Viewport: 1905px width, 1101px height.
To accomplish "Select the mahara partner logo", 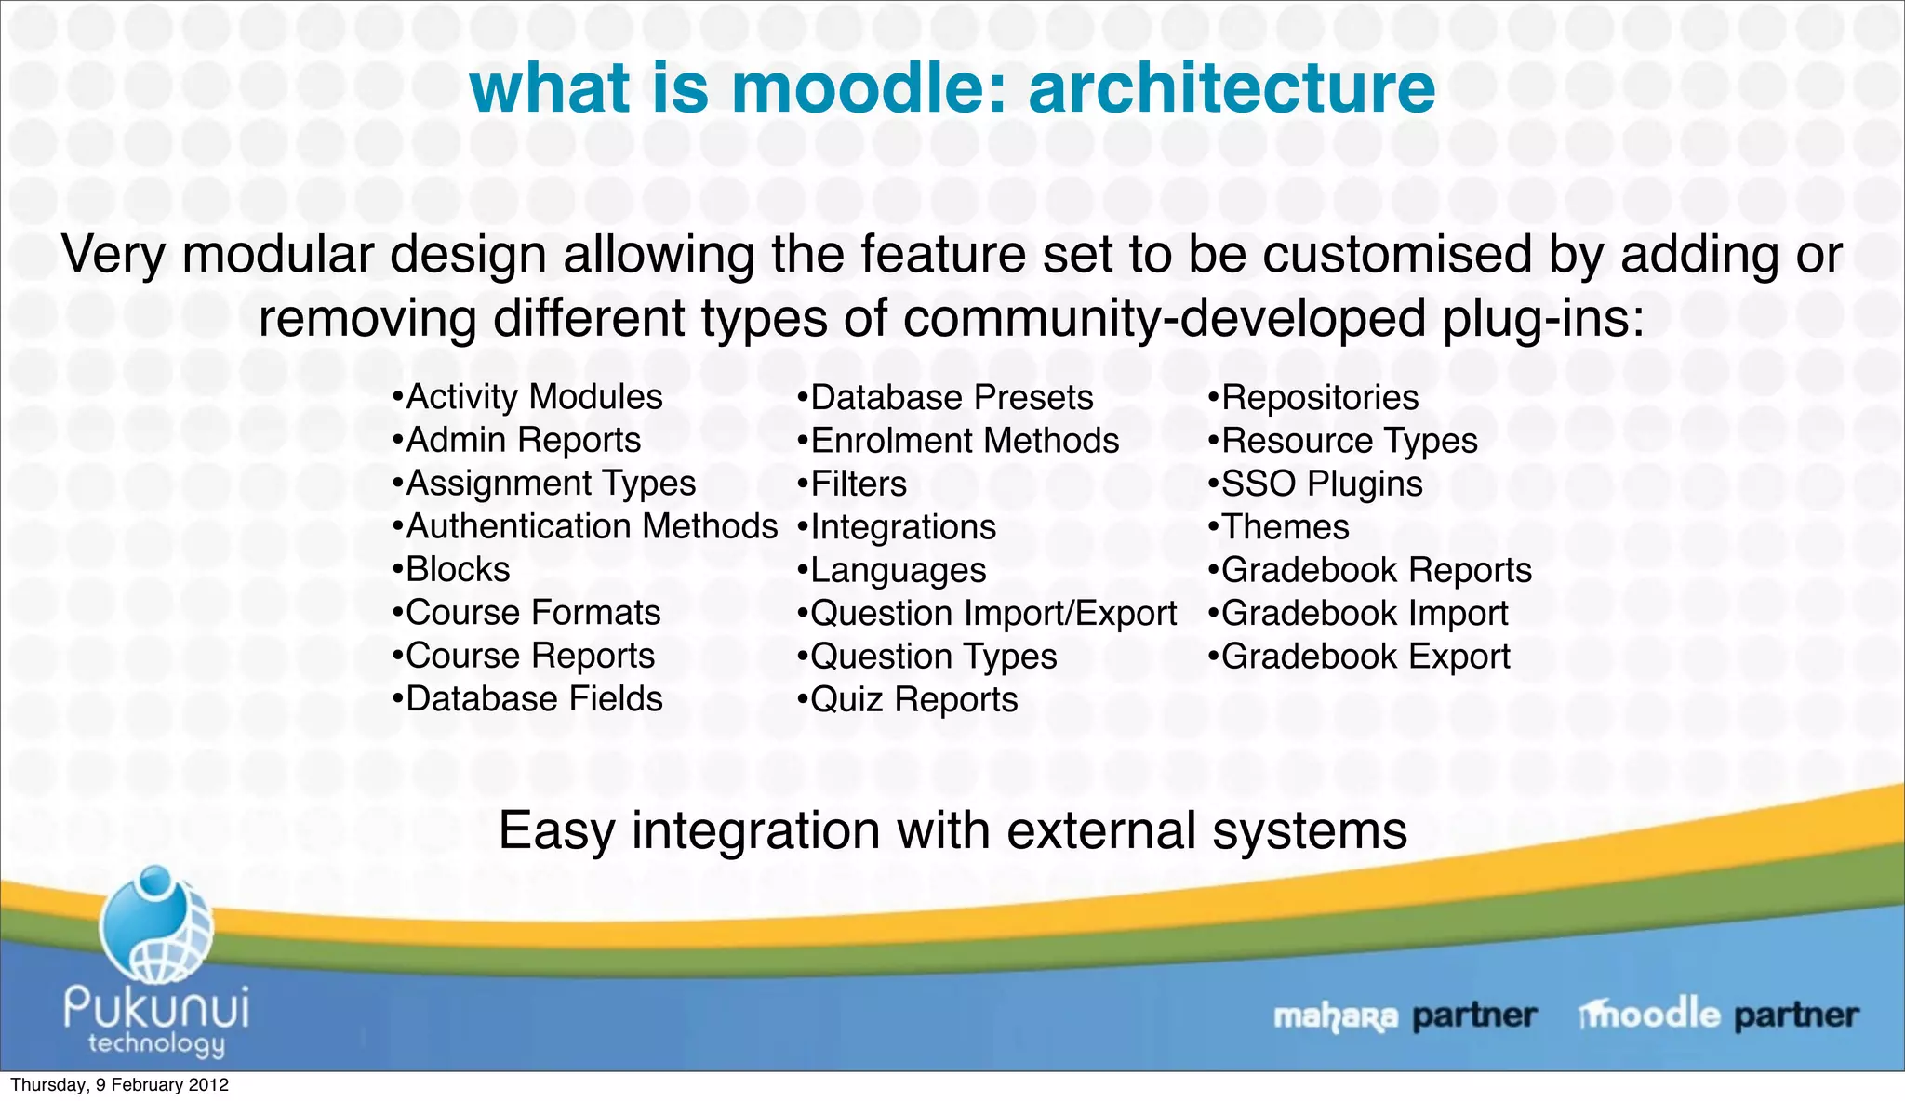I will pyautogui.click(x=1405, y=1015).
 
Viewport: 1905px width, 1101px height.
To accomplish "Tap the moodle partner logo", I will pyautogui.click(x=1718, y=1015).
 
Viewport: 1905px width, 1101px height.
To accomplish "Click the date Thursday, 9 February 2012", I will pyautogui.click(x=119, y=1085).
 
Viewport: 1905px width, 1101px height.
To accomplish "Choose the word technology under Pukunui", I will pyautogui.click(x=156, y=1043).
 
